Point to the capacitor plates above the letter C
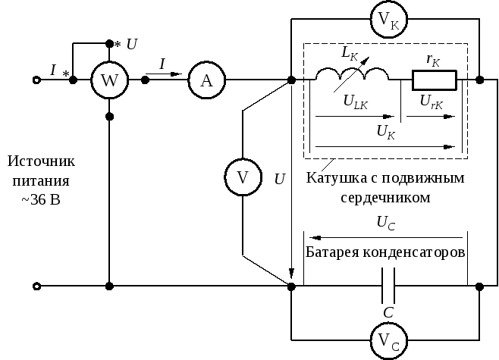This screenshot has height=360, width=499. [388, 286]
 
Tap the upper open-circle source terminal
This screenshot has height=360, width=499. [37, 80]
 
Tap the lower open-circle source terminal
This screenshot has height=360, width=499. [37, 286]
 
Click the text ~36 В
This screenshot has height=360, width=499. [41, 200]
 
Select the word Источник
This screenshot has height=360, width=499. [41, 161]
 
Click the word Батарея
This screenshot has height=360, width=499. [332, 252]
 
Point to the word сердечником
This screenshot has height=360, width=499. [385, 197]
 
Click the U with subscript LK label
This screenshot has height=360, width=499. [356, 102]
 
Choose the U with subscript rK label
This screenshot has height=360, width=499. [432, 102]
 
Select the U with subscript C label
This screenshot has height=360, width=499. [386, 223]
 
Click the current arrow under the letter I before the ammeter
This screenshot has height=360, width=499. [164, 74]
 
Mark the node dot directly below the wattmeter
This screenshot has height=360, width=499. [109, 117]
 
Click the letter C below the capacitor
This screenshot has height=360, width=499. [388, 312]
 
